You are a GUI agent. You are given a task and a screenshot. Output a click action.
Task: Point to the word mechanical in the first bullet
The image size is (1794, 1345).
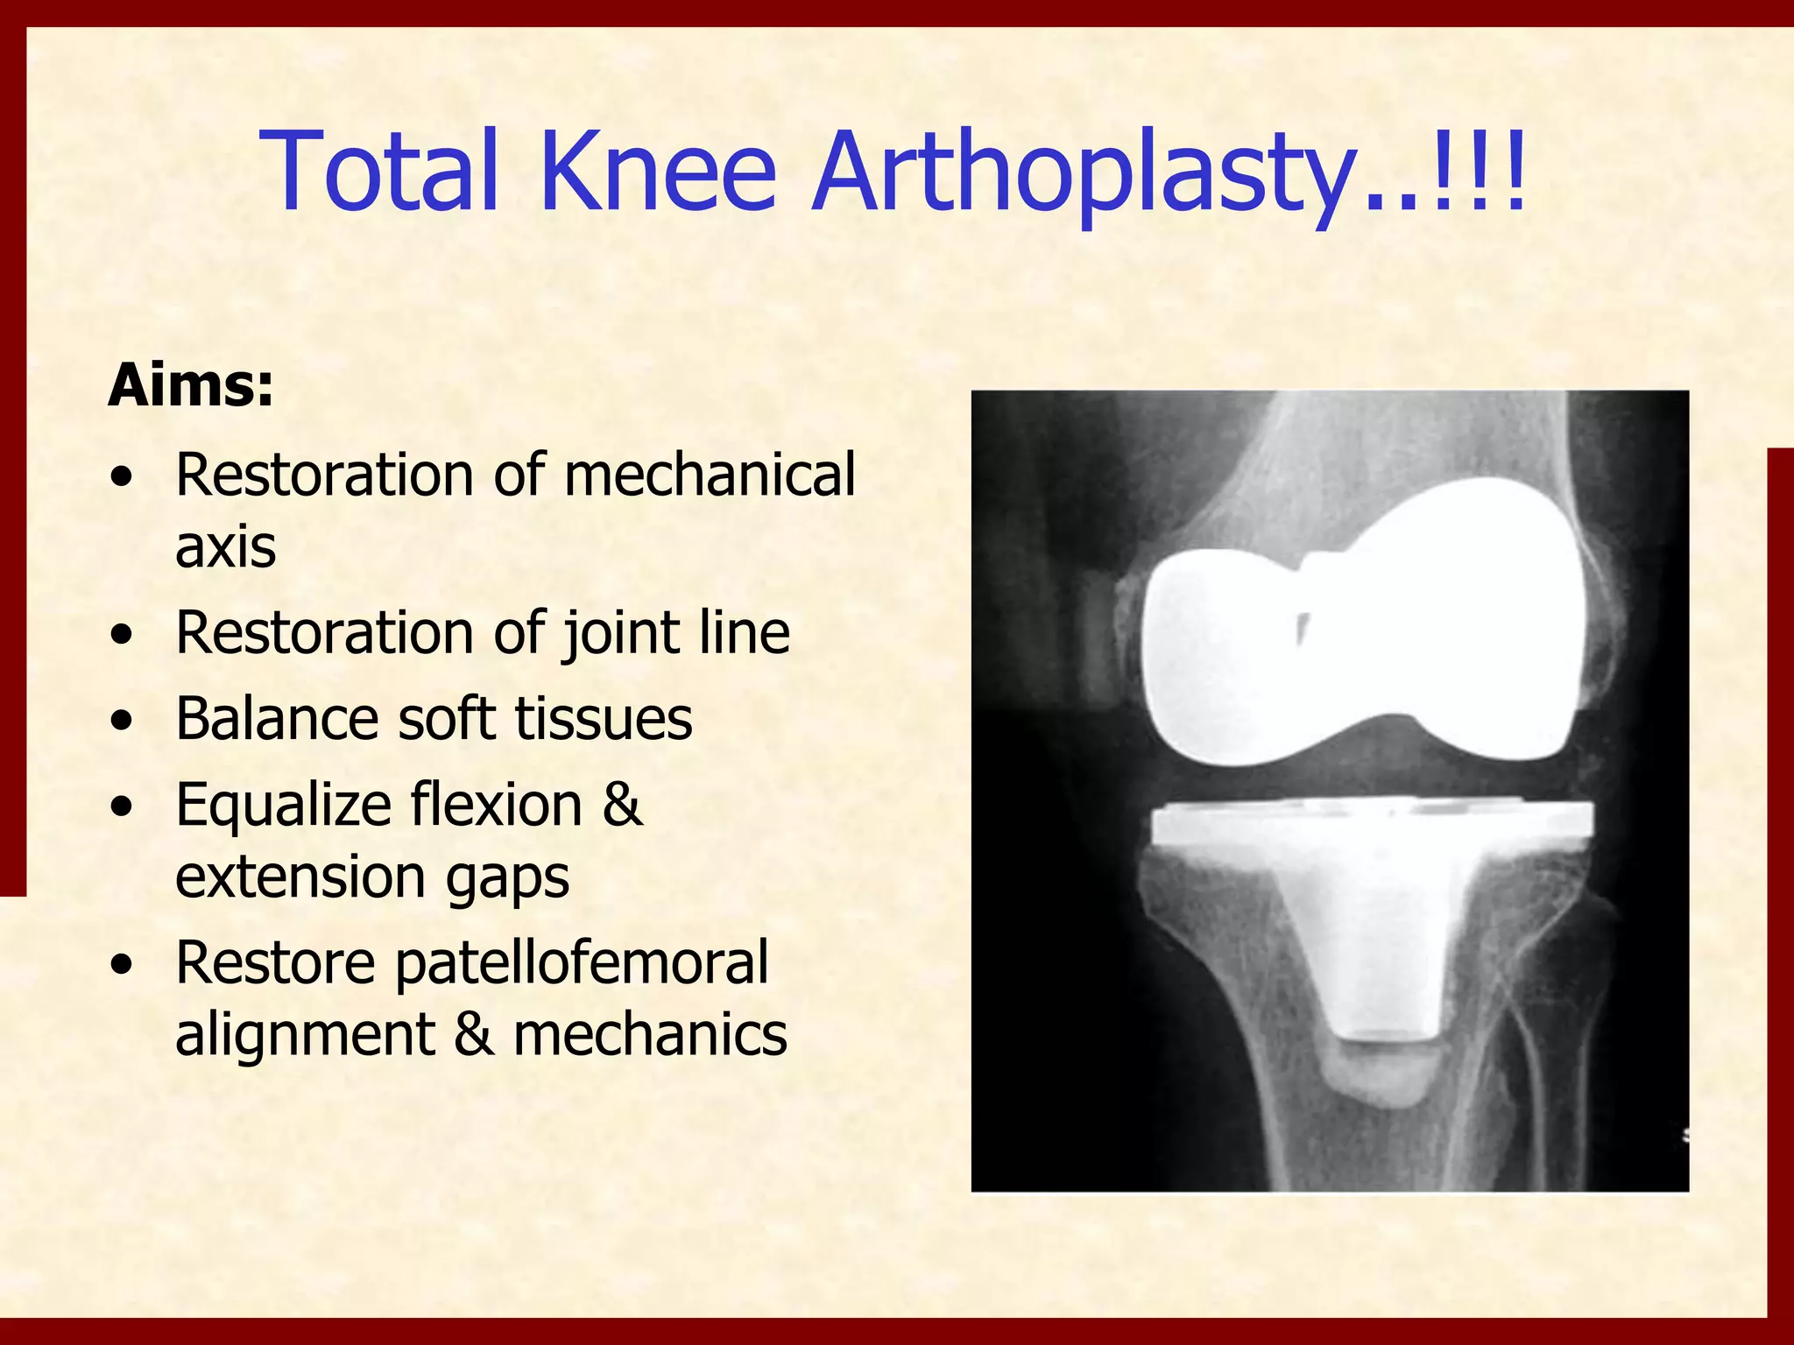710,475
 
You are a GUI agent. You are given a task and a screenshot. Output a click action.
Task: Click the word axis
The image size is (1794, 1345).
225,546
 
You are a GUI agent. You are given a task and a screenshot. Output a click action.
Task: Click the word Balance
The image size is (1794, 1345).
277,719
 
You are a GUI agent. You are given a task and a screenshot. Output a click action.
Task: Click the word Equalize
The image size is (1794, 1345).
282,805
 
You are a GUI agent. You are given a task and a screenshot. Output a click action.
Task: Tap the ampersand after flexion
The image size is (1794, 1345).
622,805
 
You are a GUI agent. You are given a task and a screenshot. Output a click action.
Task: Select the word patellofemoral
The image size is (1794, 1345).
581,962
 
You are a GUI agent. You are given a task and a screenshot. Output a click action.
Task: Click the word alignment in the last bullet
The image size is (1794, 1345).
304,1034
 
